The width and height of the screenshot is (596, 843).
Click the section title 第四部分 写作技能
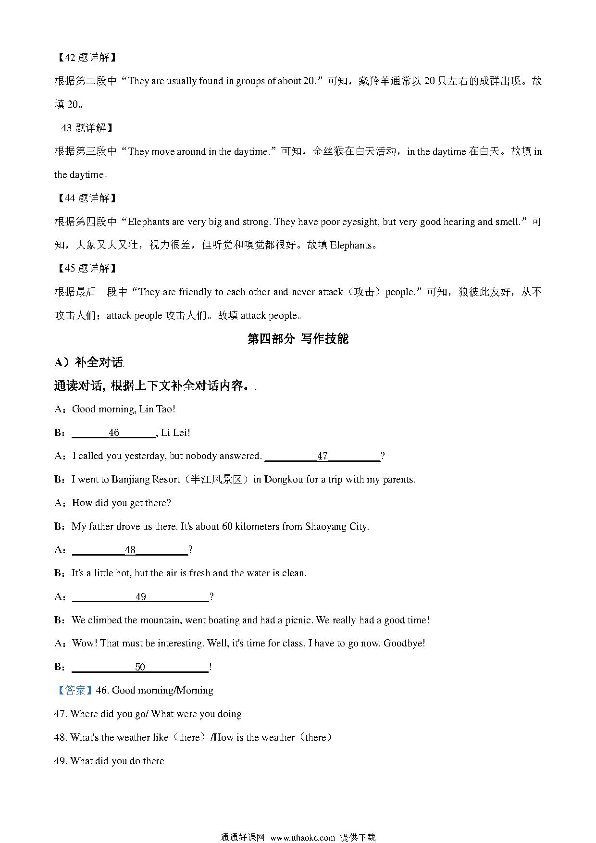coord(298,339)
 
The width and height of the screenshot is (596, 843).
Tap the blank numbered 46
coord(114,433)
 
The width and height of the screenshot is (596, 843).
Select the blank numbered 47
coord(322,456)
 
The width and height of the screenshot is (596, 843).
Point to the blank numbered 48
coord(130,550)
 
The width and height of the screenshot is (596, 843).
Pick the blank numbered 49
coord(140,597)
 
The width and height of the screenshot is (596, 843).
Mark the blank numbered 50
coord(140,667)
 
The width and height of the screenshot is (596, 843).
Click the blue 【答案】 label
coord(74,691)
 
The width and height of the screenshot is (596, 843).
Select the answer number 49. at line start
coord(61,761)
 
